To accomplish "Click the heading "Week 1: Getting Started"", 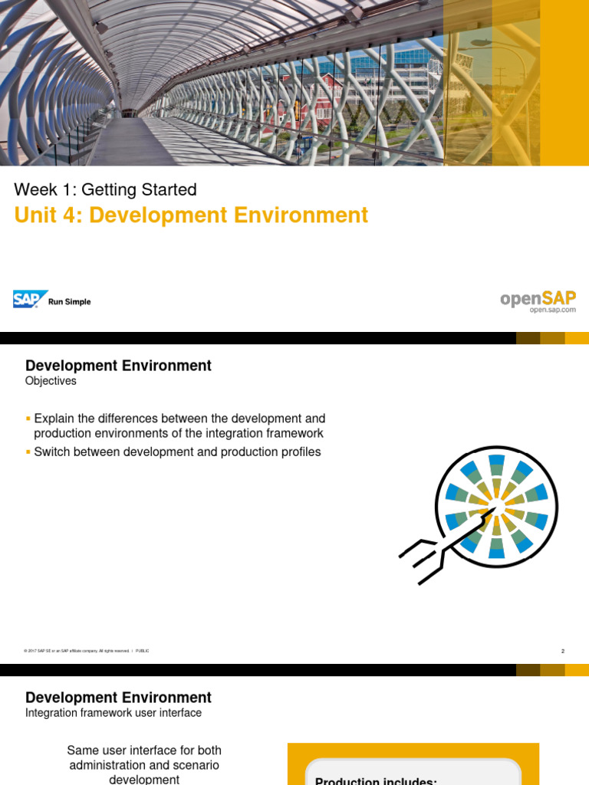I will pos(106,189).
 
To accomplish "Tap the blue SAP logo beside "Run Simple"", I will pos(30,299).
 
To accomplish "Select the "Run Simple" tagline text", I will pos(69,302).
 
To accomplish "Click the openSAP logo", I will pos(538,297).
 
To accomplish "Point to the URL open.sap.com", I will pos(552,310).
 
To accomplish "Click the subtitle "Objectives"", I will pos(51,381).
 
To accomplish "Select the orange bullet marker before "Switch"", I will pos(28,452).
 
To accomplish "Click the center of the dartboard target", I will pos(496,507).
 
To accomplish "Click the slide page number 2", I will pos(562,651).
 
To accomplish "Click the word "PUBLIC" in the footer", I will pos(142,651).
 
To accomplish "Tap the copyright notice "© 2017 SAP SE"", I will pos(42,651).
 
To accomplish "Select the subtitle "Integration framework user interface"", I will pos(114,713).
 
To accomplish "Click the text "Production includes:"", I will pos(376,780).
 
